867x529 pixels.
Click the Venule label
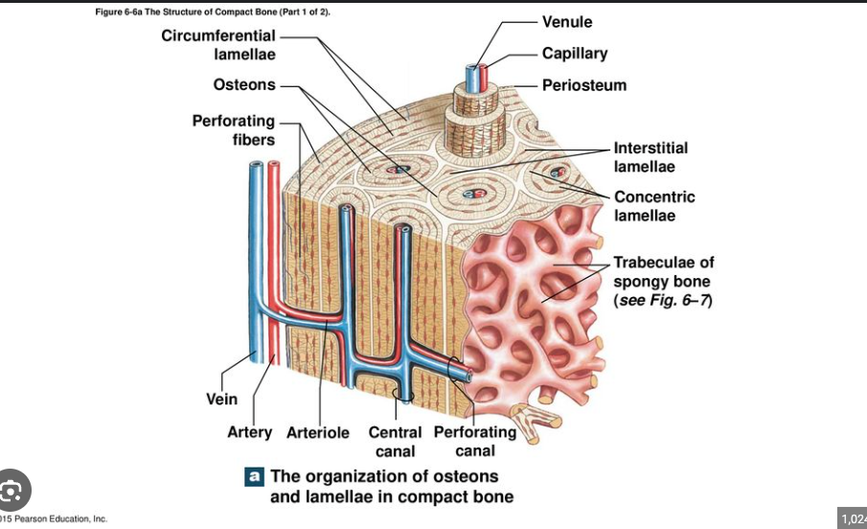(x=567, y=21)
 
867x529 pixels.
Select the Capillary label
(x=574, y=54)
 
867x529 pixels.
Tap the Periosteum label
(x=583, y=85)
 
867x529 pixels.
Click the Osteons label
(x=244, y=84)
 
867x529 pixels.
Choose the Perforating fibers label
(x=234, y=130)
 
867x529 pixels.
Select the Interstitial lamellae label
(x=650, y=157)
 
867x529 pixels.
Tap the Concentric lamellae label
(x=654, y=206)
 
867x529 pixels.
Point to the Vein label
(x=222, y=399)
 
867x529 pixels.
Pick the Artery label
(x=249, y=432)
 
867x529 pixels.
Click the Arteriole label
(x=318, y=432)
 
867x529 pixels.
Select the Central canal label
(x=395, y=441)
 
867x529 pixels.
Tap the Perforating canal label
(x=475, y=441)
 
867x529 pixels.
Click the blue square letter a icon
(x=255, y=475)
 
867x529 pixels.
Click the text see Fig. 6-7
(x=663, y=300)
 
